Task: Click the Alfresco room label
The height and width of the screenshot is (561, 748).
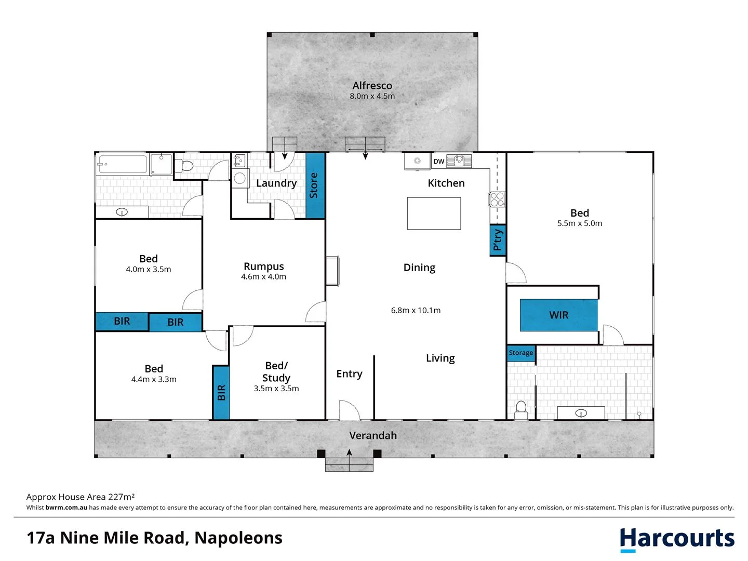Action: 372,86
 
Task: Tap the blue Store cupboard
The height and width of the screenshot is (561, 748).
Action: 315,185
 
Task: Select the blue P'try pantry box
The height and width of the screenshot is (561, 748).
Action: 498,239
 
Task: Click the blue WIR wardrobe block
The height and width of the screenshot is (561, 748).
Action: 558,315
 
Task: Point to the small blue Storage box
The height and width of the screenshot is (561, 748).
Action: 521,353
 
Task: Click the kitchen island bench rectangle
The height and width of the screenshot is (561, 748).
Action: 434,213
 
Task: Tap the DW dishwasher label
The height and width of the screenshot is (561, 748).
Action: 439,162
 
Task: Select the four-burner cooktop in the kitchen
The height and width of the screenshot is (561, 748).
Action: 497,199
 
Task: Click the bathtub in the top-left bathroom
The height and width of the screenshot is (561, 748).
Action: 122,164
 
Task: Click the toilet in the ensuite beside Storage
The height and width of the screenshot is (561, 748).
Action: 520,409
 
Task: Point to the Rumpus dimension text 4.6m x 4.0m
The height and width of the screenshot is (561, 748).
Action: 263,277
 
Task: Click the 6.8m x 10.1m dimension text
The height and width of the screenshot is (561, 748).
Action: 416,310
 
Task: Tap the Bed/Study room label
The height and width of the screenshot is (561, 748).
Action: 276,372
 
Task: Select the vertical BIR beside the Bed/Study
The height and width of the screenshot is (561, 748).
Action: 221,392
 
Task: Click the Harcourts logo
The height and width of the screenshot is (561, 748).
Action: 677,539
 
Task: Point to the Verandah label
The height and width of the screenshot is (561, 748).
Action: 373,436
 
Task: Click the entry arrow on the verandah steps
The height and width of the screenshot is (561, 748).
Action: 350,453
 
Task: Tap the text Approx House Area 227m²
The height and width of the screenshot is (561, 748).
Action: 81,497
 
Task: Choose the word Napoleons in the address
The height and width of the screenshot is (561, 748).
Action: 238,538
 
